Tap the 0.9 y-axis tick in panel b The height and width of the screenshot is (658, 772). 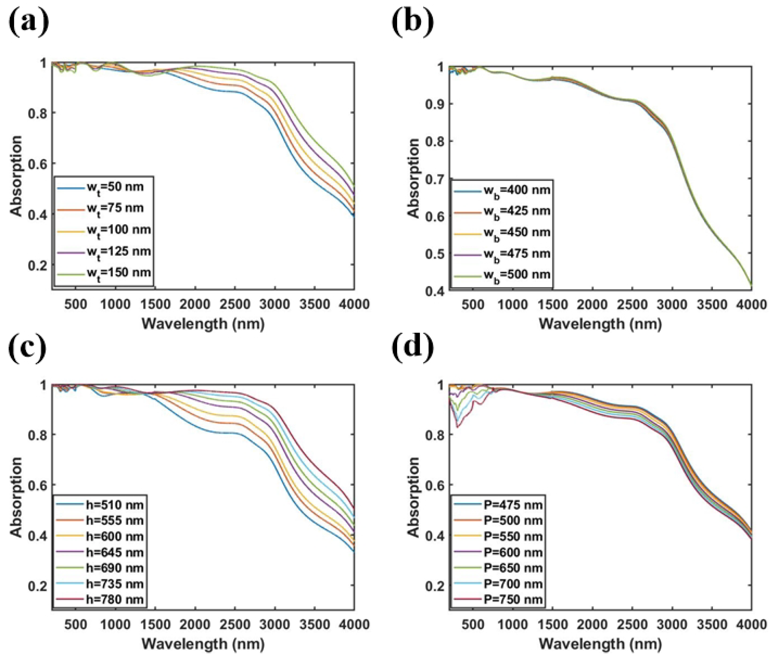tap(435, 104)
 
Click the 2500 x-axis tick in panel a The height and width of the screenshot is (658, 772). tap(235, 304)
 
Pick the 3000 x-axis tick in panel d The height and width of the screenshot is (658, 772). tap(672, 625)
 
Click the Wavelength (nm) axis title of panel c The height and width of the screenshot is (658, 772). tap(203, 644)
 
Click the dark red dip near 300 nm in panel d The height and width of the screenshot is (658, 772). tap(457, 426)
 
